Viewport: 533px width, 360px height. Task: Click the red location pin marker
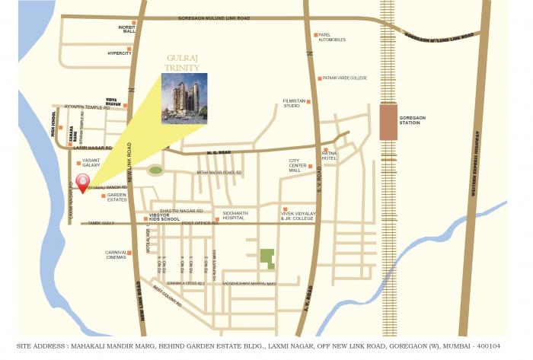pyautogui.click(x=84, y=188)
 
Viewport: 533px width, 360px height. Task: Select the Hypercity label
pyautogui.click(x=120, y=53)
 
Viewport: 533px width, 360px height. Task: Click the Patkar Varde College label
pyautogui.click(x=344, y=78)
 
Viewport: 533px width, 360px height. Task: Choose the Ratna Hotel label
pyautogui.click(x=329, y=157)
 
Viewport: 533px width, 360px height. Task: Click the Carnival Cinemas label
pyautogui.click(x=117, y=255)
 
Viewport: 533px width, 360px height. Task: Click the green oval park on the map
pyautogui.click(x=155, y=170)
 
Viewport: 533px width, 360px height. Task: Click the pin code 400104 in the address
pyautogui.click(x=499, y=346)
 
